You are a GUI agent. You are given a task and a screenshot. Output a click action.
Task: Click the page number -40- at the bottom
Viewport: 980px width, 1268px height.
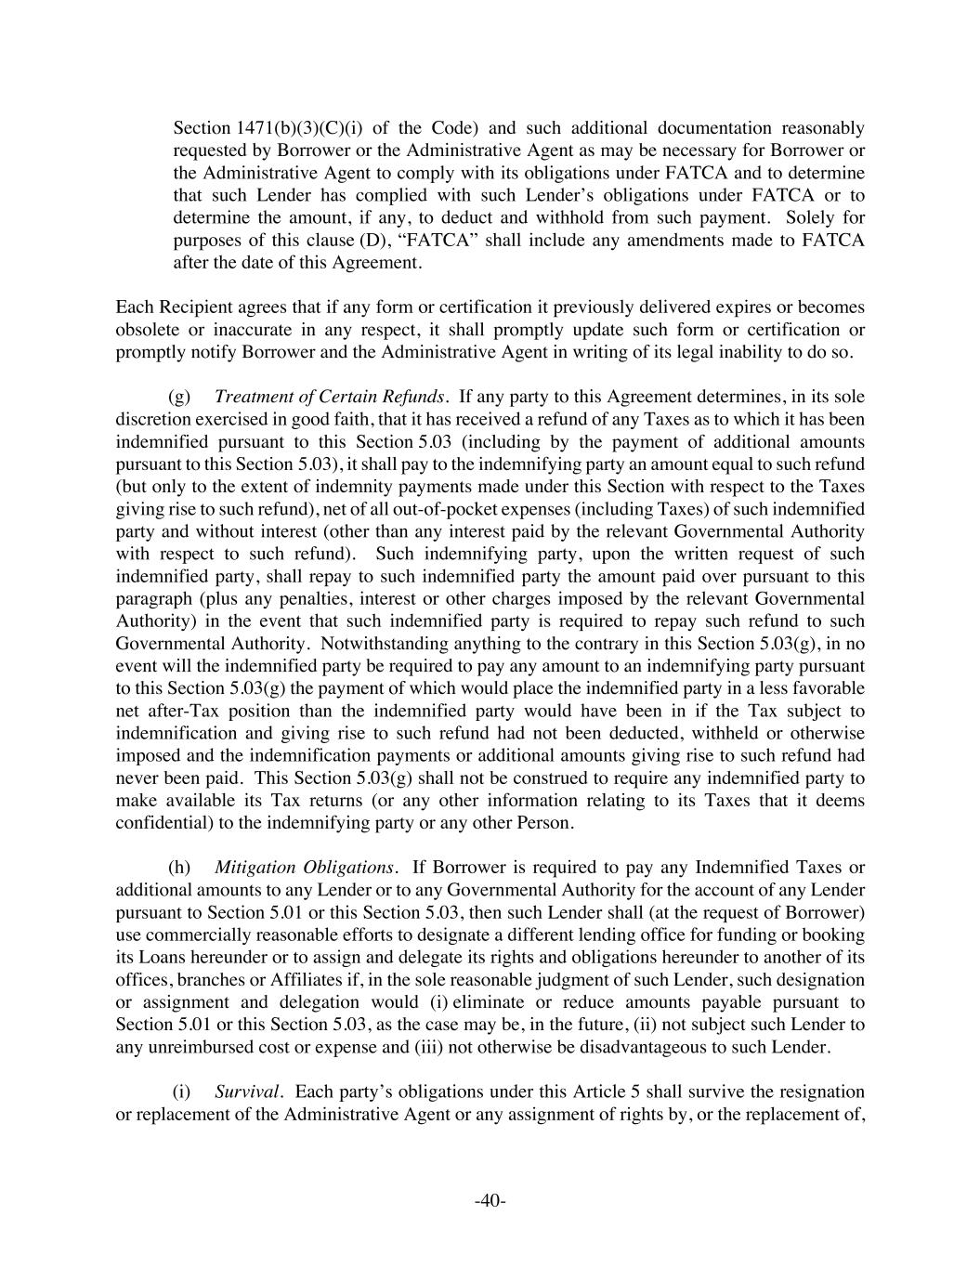click(x=490, y=1201)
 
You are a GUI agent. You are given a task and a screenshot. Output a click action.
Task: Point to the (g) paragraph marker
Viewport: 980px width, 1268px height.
click(x=179, y=397)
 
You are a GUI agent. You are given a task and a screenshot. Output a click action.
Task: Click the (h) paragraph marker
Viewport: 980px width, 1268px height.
click(x=179, y=868)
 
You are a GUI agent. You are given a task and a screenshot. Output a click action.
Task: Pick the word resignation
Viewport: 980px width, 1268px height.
click(x=817, y=1092)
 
